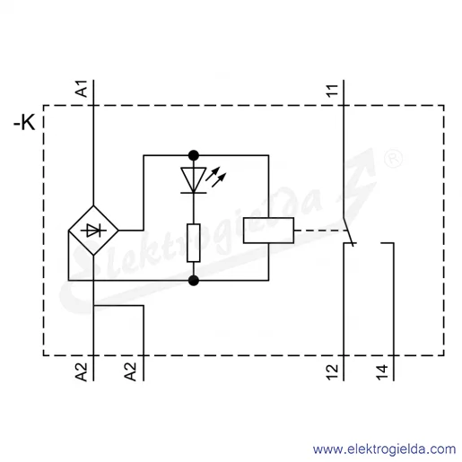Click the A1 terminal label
(x=82, y=89)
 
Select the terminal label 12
(x=332, y=372)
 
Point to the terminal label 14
(x=382, y=372)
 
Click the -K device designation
(x=24, y=123)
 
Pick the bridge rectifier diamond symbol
(x=93, y=231)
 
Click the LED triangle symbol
(x=194, y=180)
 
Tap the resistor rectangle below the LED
(x=194, y=243)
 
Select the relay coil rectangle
(x=268, y=231)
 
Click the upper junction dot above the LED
(x=194, y=155)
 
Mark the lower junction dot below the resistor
(x=194, y=281)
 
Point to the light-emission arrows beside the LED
(x=216, y=177)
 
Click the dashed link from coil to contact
(x=320, y=231)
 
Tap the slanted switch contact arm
(x=348, y=232)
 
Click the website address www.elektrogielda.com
(x=384, y=449)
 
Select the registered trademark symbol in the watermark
(x=393, y=158)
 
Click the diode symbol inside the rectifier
(x=93, y=231)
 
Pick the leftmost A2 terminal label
(x=82, y=372)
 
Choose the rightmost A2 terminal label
(x=131, y=372)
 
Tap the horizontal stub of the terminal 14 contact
(x=388, y=243)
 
